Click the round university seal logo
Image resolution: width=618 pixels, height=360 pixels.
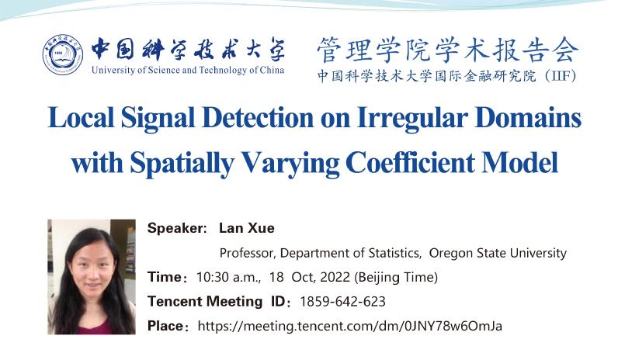[63, 54]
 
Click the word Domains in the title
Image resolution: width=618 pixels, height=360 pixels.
[528, 117]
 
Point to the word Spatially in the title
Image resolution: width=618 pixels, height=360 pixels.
[182, 162]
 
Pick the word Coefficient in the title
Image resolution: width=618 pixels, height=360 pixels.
[410, 162]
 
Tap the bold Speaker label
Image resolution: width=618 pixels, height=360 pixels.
[177, 228]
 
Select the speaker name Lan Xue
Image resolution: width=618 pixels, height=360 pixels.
[247, 228]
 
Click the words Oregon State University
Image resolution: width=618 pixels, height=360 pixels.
[498, 253]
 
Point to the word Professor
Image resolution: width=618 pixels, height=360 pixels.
[246, 253]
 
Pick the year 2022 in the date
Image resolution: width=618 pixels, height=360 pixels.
[335, 277]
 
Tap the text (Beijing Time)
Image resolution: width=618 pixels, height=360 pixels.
[396, 277]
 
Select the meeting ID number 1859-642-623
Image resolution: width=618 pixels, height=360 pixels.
[342, 302]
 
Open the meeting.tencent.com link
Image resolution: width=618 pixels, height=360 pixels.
[349, 326]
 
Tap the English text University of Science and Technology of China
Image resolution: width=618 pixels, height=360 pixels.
[188, 70]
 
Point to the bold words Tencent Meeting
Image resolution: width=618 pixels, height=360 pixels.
[205, 302]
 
